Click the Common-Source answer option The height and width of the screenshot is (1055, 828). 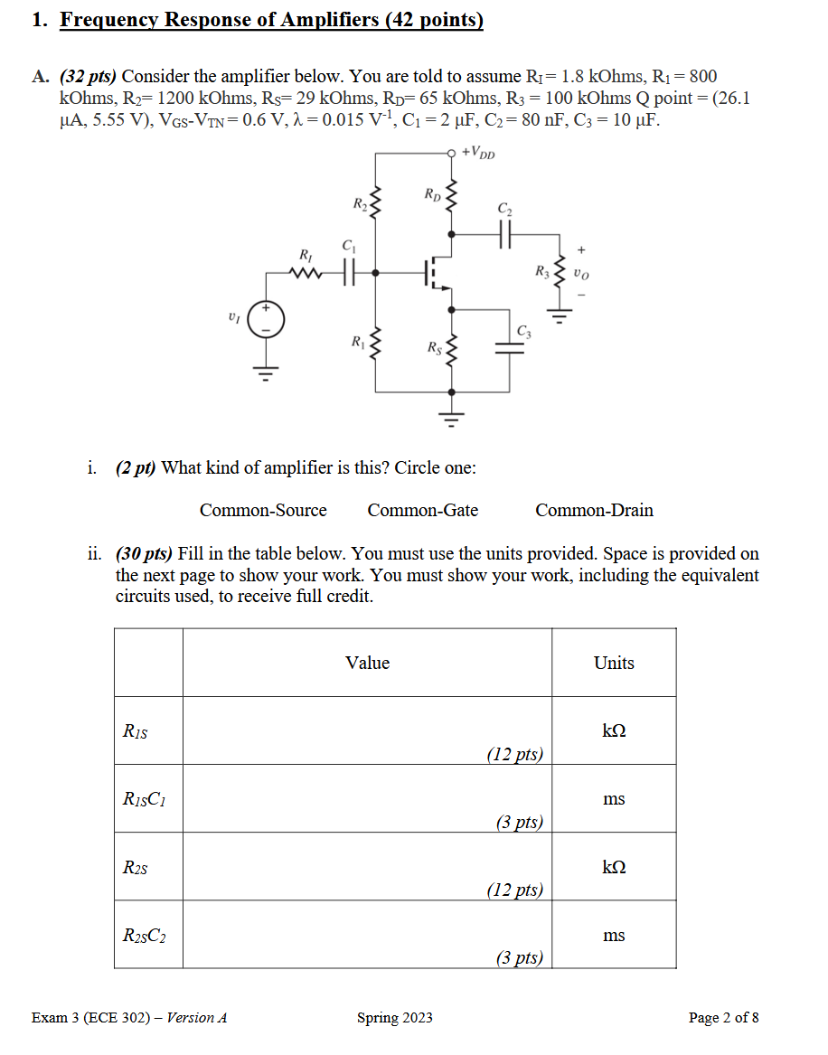pos(263,510)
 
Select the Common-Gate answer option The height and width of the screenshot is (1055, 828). pos(422,510)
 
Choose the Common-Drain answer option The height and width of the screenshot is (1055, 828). pos(594,510)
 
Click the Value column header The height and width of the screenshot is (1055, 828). pos(367,663)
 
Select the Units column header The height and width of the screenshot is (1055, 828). pos(614,663)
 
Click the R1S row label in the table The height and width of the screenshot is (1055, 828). pos(135,731)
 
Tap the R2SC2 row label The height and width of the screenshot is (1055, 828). pos(144,936)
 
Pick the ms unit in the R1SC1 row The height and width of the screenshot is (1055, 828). pos(614,799)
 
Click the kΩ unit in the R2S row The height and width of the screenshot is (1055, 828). pos(614,868)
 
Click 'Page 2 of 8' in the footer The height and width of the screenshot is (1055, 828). pos(723,1018)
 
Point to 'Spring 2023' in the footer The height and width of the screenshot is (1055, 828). pos(395,1018)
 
